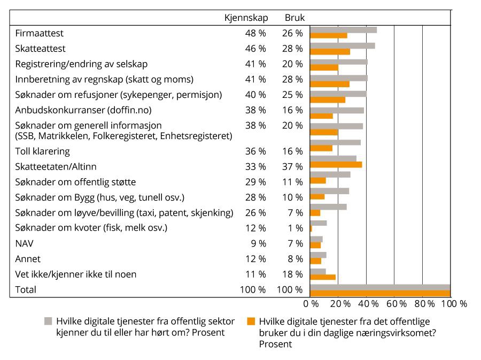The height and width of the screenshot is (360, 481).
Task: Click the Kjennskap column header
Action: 246,18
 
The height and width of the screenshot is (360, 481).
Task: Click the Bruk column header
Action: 294,18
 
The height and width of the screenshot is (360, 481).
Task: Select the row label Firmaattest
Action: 40,33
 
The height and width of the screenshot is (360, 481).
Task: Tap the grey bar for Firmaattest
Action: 343,30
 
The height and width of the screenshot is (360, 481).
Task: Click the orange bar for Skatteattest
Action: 330,52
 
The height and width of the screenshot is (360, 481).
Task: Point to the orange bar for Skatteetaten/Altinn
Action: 336,165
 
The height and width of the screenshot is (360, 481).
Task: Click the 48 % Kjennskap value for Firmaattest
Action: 255,33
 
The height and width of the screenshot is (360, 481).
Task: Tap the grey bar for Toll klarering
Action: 335,143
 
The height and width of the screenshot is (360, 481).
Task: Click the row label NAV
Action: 25,243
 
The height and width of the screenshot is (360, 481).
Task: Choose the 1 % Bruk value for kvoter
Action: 295,228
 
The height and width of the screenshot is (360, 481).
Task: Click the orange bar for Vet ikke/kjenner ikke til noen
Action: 323,277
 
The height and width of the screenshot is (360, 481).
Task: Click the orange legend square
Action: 250,321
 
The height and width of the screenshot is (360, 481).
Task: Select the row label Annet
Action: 28,259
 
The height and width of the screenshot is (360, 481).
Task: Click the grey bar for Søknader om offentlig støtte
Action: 330,174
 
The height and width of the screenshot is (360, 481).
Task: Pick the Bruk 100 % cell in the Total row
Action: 290,290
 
